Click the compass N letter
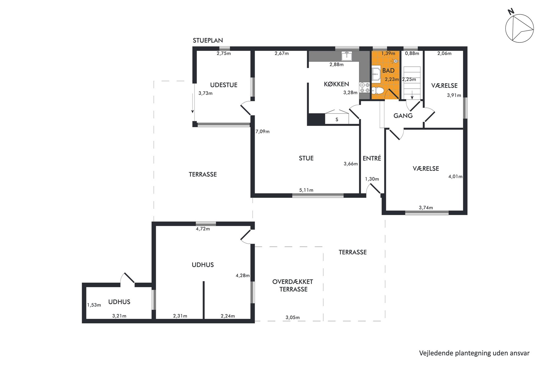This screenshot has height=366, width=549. click(511, 12)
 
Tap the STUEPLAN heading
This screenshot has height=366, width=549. click(208, 40)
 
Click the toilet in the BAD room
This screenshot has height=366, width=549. click(378, 91)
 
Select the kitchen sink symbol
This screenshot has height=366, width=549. click(347, 56)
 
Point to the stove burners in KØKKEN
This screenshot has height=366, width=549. click(364, 88)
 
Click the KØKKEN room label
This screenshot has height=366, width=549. click(336, 84)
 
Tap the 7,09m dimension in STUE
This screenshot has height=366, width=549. click(263, 131)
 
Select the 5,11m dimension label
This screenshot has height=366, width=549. click(306, 190)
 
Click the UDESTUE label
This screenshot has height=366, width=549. click(224, 85)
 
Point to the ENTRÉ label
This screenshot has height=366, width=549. click(372, 158)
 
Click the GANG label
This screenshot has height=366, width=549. click(403, 116)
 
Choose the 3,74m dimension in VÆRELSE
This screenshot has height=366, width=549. click(426, 208)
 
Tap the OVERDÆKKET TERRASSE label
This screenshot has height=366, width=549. click(293, 285)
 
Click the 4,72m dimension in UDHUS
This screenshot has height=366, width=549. click(203, 229)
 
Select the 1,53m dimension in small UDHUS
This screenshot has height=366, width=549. click(94, 305)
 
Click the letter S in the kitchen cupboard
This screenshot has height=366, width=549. click(337, 120)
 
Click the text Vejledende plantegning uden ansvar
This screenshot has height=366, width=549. click(474, 353)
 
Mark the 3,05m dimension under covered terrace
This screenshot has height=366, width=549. click(292, 318)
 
